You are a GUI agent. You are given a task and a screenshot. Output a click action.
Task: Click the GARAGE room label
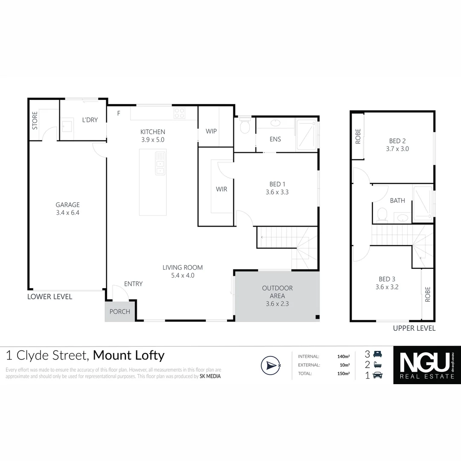tap(67, 205)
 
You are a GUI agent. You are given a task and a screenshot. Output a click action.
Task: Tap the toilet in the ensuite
tap(245, 126)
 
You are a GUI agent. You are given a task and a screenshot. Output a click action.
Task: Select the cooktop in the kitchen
tap(180, 114)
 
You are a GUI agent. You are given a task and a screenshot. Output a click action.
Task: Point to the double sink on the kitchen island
tap(160, 163)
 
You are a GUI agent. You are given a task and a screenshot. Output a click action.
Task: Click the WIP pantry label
tap(212, 131)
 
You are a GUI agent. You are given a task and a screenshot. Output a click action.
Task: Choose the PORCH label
tap(120, 312)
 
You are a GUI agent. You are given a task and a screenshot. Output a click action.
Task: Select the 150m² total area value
tap(344, 373)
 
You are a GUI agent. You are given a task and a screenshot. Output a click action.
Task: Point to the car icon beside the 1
tap(378, 376)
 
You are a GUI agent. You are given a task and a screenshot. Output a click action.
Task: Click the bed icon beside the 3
tap(377, 354)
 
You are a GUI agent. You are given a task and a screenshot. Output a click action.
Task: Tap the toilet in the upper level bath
tap(382, 213)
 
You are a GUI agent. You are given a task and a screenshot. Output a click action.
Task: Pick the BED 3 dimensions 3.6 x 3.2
tap(387, 287)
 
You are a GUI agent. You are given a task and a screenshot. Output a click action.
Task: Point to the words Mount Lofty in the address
tap(128, 355)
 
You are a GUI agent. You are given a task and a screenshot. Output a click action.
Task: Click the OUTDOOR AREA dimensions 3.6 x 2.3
tap(277, 304)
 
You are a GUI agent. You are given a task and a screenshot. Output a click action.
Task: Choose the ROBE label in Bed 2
tap(358, 136)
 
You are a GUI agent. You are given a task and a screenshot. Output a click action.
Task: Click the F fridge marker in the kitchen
tap(119, 113)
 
